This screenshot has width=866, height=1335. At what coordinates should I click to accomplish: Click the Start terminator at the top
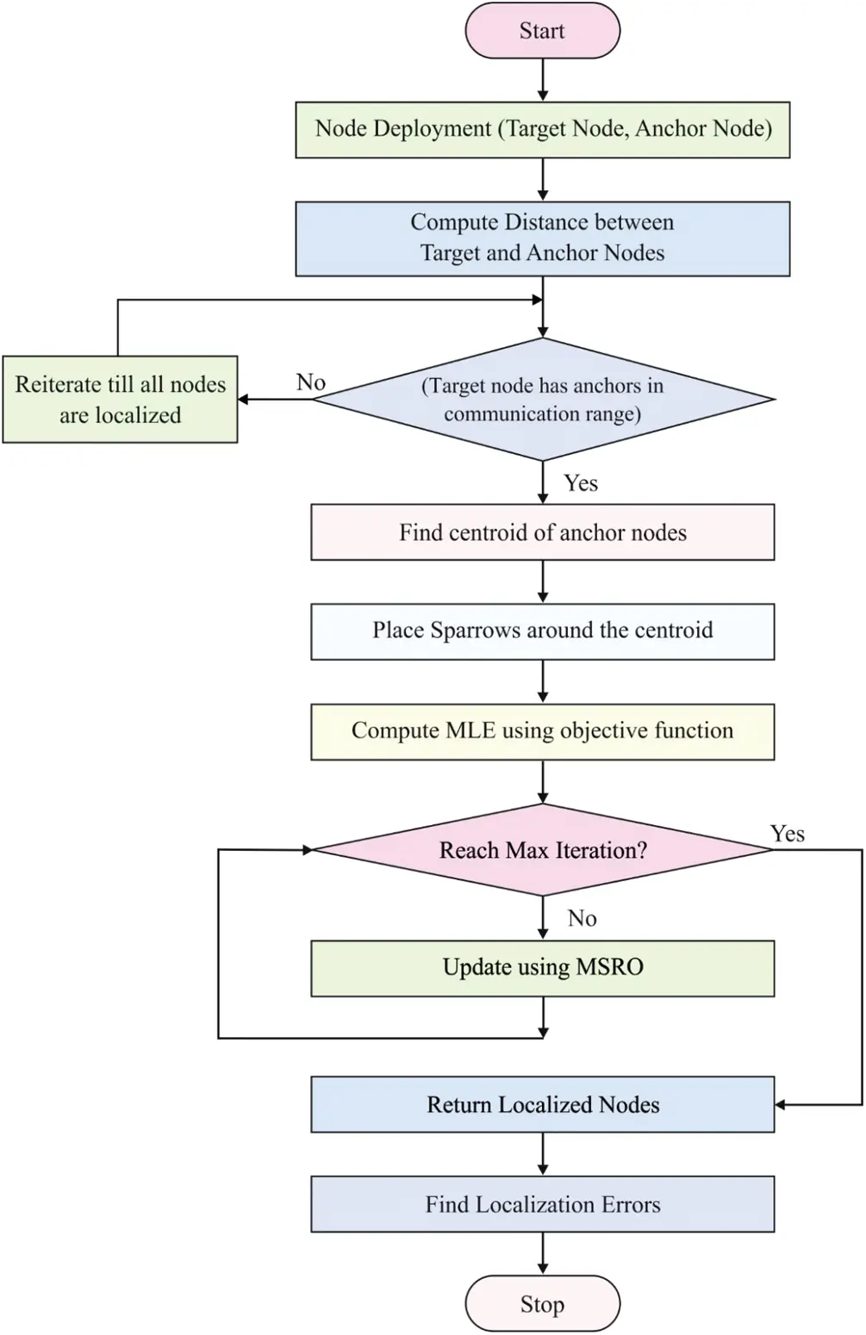[x=542, y=31]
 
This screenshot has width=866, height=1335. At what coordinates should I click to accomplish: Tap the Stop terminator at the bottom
[x=542, y=1304]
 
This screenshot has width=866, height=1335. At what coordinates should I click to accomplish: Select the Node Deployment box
[x=542, y=129]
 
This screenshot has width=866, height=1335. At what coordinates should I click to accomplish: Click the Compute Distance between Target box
[x=542, y=238]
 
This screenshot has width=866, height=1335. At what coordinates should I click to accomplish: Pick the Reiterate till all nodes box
[x=120, y=400]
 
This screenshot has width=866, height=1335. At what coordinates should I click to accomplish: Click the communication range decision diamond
[x=542, y=400]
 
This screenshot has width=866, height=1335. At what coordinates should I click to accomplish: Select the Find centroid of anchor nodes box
[x=542, y=532]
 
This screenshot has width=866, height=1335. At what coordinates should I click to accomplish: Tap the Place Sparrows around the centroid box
[x=542, y=631]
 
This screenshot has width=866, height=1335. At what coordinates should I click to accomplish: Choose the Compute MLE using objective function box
[x=542, y=731]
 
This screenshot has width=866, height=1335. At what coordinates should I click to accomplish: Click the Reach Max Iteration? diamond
[x=542, y=850]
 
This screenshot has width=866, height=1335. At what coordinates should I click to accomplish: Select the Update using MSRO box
[x=542, y=967]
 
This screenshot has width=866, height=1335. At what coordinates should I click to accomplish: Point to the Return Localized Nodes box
[x=542, y=1104]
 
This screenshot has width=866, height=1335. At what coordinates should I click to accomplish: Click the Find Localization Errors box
[x=542, y=1204]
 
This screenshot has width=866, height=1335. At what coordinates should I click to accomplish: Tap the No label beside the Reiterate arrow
[x=311, y=382]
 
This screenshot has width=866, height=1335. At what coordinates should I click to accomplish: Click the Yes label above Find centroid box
[x=581, y=483]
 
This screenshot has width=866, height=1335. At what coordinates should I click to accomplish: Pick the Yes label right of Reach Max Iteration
[x=788, y=833]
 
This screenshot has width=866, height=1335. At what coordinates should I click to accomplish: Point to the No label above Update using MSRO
[x=583, y=918]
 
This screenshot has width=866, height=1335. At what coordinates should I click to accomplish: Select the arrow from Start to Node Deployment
[x=543, y=80]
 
